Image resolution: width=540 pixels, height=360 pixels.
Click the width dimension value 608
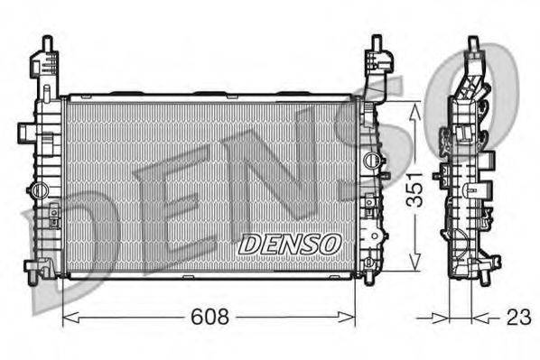(x=209, y=317)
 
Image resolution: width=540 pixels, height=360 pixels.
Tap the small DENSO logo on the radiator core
(x=289, y=243)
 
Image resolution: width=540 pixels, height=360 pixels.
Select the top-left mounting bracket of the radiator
(x=45, y=63)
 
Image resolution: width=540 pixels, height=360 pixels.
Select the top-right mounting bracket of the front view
(x=375, y=63)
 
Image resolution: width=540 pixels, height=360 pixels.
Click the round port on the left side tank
(x=38, y=190)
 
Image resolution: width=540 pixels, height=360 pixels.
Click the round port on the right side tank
(x=371, y=161)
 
